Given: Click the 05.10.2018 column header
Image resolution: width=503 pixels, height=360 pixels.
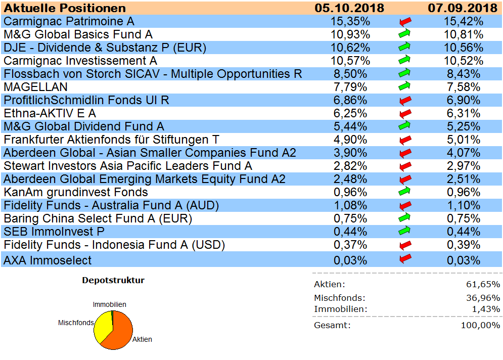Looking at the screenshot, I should click(x=349, y=8).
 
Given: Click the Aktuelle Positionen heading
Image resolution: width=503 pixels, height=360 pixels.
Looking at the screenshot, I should click(x=65, y=8).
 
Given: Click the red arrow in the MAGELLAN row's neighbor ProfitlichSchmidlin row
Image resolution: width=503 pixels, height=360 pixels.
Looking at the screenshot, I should click(x=405, y=100).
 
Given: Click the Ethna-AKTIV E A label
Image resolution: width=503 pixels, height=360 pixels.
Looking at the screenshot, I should click(x=50, y=113).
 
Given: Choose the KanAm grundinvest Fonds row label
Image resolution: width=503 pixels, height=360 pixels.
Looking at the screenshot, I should click(x=76, y=192).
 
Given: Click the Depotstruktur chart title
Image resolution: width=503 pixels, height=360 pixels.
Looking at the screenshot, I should click(x=113, y=280).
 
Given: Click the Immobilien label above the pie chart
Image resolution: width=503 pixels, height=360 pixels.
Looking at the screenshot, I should click(x=109, y=304).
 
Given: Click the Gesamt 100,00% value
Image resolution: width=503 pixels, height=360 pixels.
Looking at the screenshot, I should click(x=480, y=325).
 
